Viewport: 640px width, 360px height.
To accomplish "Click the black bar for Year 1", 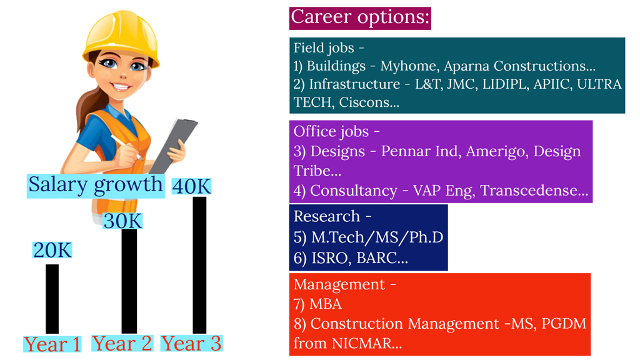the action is (x=52, y=299).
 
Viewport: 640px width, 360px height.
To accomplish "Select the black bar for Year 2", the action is (x=129, y=281).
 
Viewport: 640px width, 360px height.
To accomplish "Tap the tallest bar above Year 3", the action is (x=199, y=265).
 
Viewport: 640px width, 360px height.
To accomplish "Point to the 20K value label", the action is (x=52, y=250).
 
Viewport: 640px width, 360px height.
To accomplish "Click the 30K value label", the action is (x=122, y=221).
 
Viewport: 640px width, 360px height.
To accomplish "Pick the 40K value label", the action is (x=191, y=186).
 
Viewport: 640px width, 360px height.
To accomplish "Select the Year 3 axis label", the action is (x=191, y=343).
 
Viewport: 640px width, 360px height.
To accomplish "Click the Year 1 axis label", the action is (x=52, y=344).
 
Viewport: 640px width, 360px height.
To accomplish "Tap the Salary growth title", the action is (x=96, y=186).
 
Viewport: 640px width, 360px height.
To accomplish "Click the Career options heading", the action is (x=360, y=18).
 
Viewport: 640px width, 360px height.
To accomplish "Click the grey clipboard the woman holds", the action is (x=174, y=146).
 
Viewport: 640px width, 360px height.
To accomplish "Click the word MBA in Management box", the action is (x=325, y=304).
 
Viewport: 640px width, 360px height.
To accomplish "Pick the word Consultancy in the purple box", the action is (x=354, y=191).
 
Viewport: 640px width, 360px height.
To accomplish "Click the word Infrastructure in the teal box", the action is (x=354, y=84).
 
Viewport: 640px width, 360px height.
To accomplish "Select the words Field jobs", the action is (x=324, y=48).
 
